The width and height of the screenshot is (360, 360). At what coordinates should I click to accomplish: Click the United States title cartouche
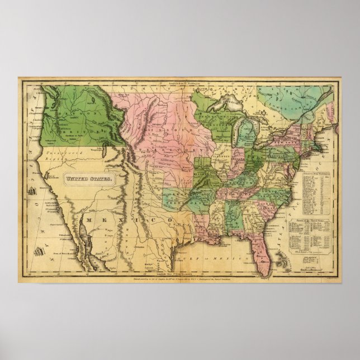coord(89,179)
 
